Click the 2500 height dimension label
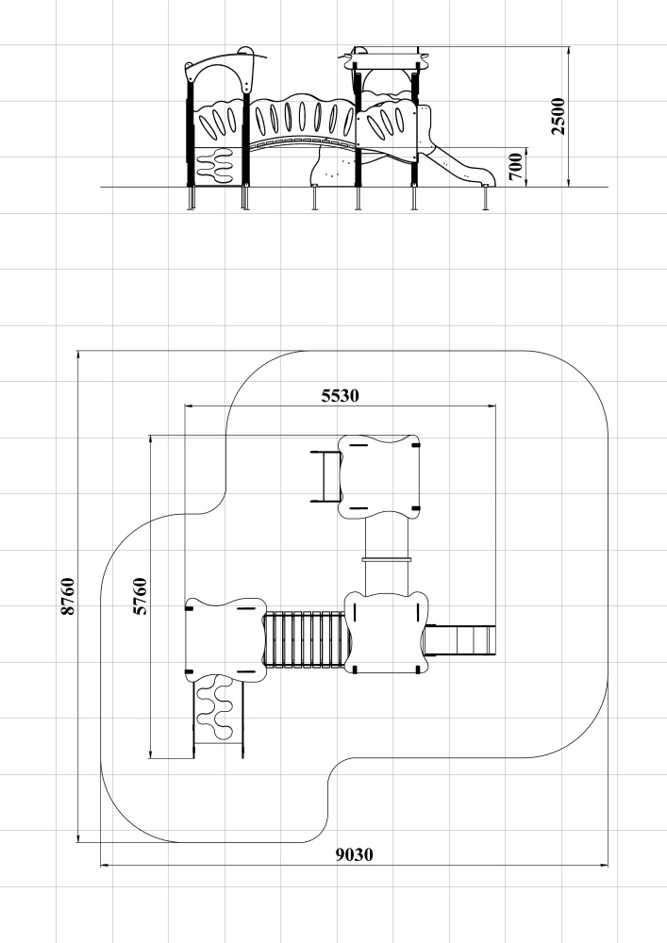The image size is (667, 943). coord(559,116)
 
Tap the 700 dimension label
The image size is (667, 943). coord(515,167)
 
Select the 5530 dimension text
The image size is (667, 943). coord(341,396)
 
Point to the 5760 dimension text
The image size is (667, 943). coord(140,596)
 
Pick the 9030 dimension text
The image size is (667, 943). coord(354,854)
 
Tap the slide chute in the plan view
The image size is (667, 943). coord(460,640)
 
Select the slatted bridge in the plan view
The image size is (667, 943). coord(305,639)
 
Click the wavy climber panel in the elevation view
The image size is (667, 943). coord(215,164)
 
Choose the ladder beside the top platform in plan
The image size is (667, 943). coord(326,476)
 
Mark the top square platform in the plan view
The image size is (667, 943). coord(379,476)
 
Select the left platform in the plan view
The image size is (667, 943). coord(225,639)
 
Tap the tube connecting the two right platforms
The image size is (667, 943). coord(388,555)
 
